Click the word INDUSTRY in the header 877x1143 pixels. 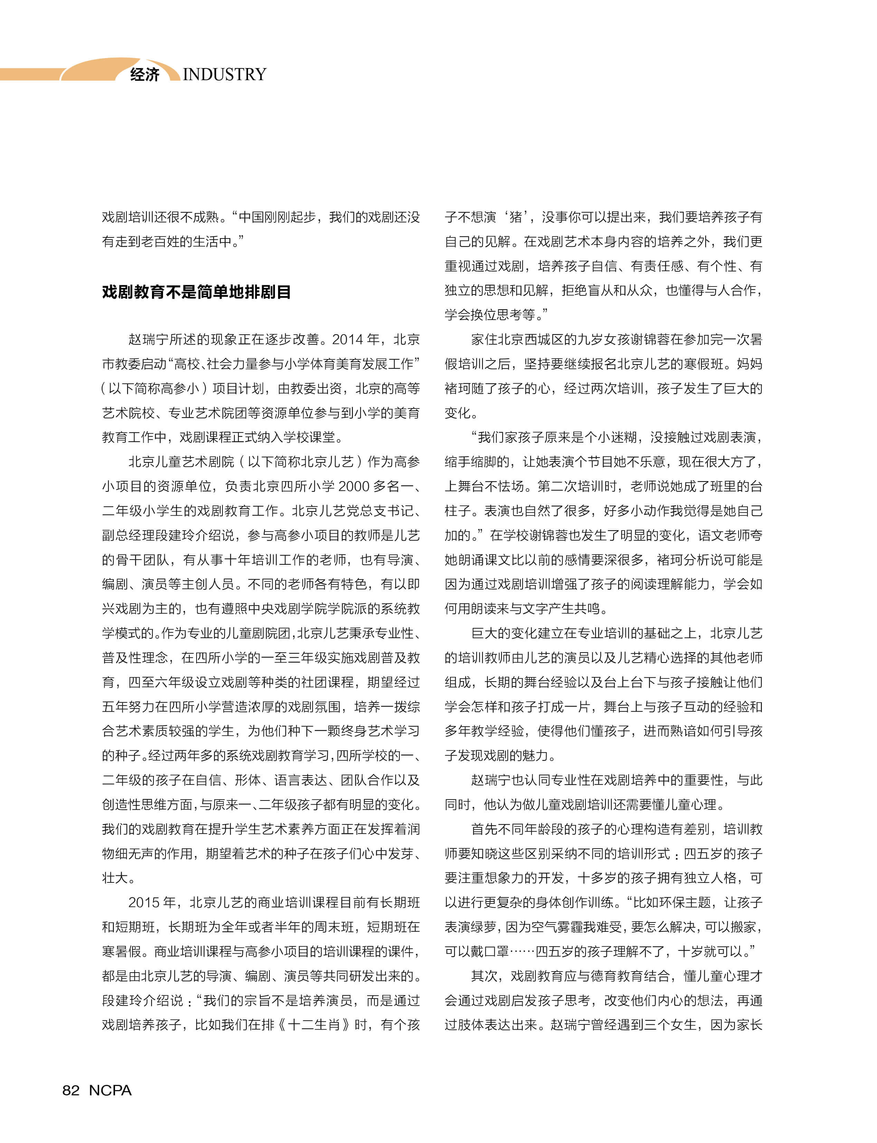[x=225, y=74]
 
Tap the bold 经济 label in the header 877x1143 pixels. [x=145, y=74]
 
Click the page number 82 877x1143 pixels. [x=71, y=1090]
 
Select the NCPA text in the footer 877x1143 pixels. [x=110, y=1090]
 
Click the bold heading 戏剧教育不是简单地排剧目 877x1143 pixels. [x=196, y=291]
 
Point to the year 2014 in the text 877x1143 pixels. [x=348, y=339]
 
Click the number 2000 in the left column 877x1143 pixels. [x=353, y=486]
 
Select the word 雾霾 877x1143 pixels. [x=566, y=927]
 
